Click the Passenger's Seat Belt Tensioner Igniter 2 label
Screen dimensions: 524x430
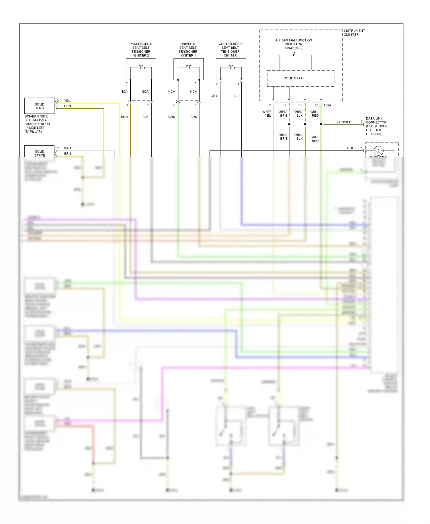tap(141, 50)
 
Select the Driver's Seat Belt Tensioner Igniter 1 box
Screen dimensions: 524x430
tap(188, 69)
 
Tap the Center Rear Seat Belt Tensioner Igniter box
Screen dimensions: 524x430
tap(231, 69)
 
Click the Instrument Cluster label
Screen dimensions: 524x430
tap(354, 32)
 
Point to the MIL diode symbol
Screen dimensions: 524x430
tap(294, 55)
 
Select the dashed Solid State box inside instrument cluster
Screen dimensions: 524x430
tap(300, 78)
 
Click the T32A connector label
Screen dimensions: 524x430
tap(327, 105)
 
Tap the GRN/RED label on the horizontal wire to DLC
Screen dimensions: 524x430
tap(344, 122)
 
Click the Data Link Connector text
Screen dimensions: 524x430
tap(376, 126)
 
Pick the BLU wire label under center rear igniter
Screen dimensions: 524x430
tap(236, 96)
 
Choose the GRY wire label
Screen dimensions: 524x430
tap(214, 96)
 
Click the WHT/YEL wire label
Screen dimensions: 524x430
tap(267, 114)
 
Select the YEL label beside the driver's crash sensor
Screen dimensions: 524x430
tap(67, 101)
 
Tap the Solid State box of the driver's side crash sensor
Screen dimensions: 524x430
tap(40, 106)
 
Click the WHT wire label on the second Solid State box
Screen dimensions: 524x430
tap(68, 148)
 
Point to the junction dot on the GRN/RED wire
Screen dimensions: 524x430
tap(321, 124)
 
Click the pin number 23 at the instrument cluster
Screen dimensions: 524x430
tap(316, 105)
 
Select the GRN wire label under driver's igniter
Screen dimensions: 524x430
tap(172, 117)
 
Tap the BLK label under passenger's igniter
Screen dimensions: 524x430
tap(145, 117)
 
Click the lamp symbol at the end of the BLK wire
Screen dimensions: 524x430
tap(378, 150)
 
